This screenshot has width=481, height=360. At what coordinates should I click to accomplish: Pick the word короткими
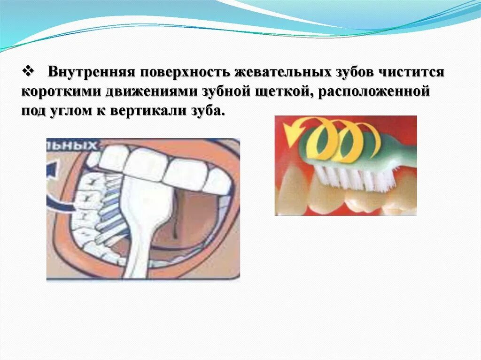click(x=62, y=92)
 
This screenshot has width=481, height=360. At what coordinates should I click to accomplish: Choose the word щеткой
click(x=284, y=92)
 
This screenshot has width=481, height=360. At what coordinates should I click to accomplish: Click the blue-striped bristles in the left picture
click(x=110, y=207)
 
